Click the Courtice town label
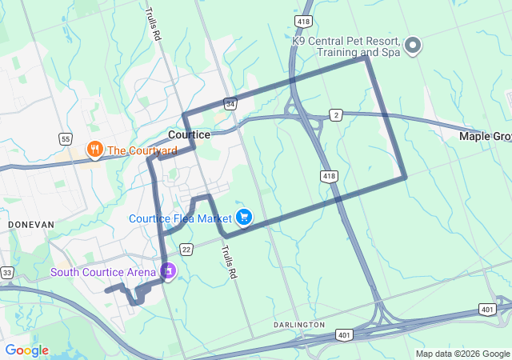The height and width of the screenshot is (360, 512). pyautogui.click(x=190, y=134)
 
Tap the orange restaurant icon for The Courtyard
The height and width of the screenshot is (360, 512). pyautogui.click(x=94, y=150)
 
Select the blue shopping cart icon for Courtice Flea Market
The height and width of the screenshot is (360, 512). pyautogui.click(x=245, y=217)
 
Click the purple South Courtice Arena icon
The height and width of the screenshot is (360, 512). pyautogui.click(x=168, y=272)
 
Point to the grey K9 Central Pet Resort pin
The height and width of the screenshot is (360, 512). pyautogui.click(x=414, y=46)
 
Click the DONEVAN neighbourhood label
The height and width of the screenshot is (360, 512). pyautogui.click(x=30, y=226)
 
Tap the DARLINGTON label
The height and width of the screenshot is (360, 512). pyautogui.click(x=298, y=325)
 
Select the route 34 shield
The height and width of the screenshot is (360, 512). pyautogui.click(x=230, y=104)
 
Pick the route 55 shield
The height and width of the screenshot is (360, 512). pyautogui.click(x=66, y=138)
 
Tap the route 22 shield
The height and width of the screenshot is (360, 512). pyautogui.click(x=186, y=250)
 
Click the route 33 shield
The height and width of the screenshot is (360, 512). pyautogui.click(x=6, y=273)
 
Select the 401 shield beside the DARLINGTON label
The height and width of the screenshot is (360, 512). pyautogui.click(x=343, y=334)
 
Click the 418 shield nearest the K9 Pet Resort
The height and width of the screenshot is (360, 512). pyautogui.click(x=302, y=21)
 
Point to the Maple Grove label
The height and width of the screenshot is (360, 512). pyautogui.click(x=485, y=137)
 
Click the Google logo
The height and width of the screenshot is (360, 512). pyautogui.click(x=26, y=350)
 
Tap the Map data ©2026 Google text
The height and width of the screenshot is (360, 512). pyautogui.click(x=462, y=354)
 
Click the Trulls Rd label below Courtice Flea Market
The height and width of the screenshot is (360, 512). pyautogui.click(x=230, y=262)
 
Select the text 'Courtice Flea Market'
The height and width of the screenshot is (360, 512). pyautogui.click(x=180, y=218)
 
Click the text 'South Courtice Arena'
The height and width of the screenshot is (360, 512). pyautogui.click(x=104, y=273)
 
